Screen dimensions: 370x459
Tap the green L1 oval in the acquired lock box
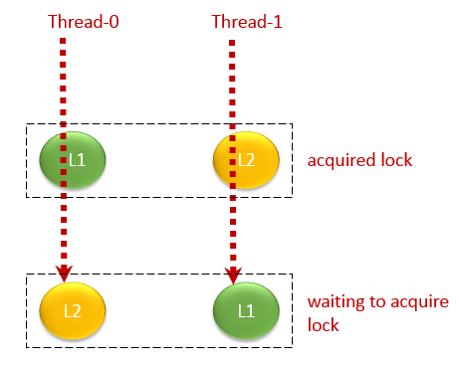(72, 159)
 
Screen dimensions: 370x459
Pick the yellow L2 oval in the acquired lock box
(244, 159)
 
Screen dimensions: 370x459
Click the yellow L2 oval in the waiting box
(68, 308)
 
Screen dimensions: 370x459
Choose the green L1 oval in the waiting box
(246, 308)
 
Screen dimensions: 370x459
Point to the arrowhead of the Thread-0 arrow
(65, 274)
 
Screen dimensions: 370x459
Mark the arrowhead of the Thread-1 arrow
(233, 274)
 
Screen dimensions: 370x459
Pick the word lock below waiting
(323, 324)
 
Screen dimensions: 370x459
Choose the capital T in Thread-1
(216, 21)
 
